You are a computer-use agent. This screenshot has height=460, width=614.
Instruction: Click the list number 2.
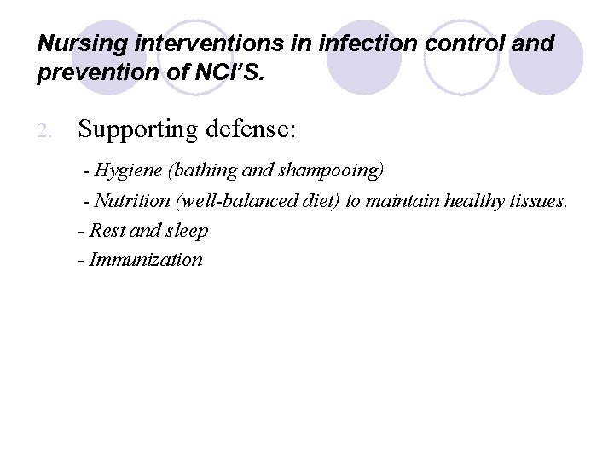pos(47,130)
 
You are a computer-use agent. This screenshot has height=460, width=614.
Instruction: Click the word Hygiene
pos(129,170)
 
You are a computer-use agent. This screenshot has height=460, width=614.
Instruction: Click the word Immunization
pos(146,259)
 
